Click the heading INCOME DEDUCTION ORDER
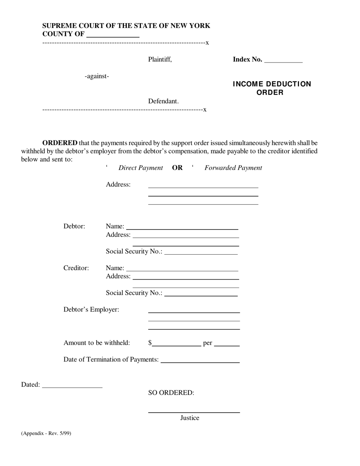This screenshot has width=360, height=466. tap(272, 88)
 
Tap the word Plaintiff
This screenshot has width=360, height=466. tap(160, 59)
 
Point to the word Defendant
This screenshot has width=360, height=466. tap(163, 101)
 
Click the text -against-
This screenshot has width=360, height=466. tap(97, 76)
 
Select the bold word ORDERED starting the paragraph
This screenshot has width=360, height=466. tap(60, 143)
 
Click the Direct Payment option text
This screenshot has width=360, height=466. tap(141, 168)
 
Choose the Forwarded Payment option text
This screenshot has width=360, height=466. tap(233, 168)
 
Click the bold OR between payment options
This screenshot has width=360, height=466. tap(177, 168)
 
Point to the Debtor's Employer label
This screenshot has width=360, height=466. tap(91, 310)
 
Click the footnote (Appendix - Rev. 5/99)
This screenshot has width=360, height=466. tap(46, 433)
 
